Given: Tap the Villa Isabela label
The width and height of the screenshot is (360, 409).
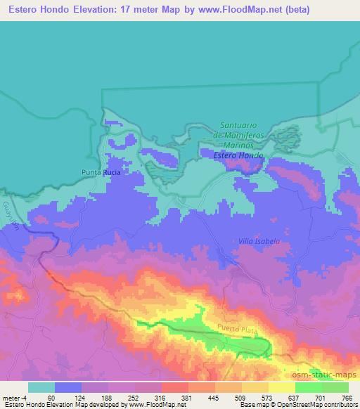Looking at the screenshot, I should click(259, 241).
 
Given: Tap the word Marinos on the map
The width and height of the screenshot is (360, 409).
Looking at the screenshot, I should click(238, 144).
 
